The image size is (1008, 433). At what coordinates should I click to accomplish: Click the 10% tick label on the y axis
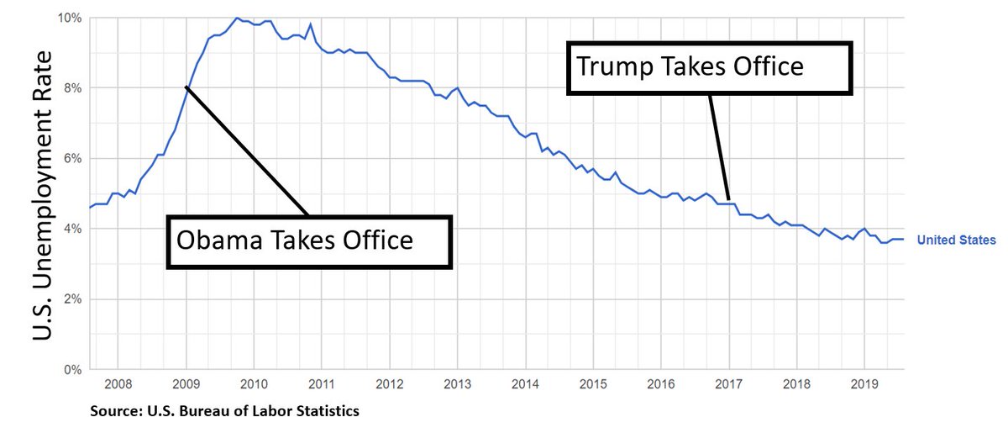coord(71,18)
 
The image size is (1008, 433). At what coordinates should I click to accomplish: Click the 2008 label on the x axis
coord(118,386)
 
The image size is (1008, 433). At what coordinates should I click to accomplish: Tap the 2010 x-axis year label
coord(254,386)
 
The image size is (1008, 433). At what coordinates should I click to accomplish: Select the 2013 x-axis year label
coord(457,386)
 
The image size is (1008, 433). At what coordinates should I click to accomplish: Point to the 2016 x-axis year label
coord(660,386)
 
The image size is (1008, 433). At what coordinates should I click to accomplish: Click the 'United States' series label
coord(956,240)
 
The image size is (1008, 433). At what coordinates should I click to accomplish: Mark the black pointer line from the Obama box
coord(248,150)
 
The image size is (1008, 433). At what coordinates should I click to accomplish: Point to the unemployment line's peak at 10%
coord(236,18)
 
